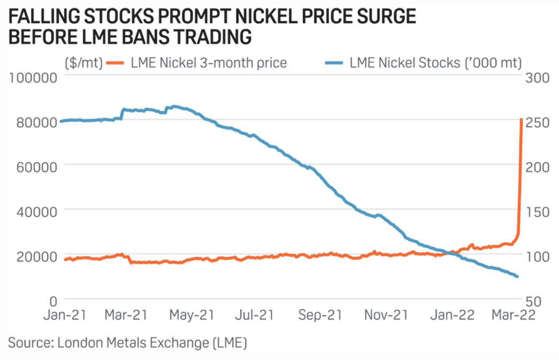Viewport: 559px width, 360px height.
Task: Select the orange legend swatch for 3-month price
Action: coord(115,63)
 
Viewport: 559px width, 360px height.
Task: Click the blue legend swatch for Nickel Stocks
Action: coord(334,63)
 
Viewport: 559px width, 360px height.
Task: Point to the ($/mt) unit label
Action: coord(83,63)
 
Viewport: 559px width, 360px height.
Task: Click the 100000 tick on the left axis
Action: coord(33,78)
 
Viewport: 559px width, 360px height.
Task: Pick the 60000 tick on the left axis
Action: coord(37,167)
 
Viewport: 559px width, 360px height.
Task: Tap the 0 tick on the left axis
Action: coord(53,301)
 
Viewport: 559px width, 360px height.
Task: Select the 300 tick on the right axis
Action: coord(537,78)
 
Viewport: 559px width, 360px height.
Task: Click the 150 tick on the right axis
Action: coord(537,212)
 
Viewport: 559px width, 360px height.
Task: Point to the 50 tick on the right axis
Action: coord(533,301)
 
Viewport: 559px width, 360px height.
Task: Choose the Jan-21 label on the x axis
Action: coord(65,315)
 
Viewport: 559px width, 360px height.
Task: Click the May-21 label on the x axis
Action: coord(192,315)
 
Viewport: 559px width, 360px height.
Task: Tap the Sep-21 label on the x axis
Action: coord(320,315)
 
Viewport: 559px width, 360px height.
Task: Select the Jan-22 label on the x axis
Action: coord(452,315)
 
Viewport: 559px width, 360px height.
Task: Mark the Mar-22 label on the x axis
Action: coord(513,315)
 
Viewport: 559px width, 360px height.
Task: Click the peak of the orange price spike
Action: coord(521,120)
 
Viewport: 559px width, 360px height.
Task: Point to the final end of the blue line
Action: coord(517,277)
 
